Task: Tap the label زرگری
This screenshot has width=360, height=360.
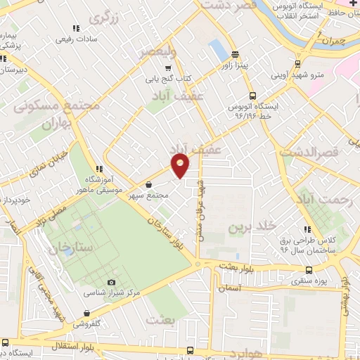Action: point(115,18)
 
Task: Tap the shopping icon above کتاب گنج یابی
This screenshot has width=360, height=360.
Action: point(167,68)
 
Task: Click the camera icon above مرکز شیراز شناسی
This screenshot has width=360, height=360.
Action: point(111,281)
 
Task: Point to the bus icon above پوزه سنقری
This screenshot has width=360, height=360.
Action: point(309,270)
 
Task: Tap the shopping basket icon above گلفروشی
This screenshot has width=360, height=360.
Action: point(86,314)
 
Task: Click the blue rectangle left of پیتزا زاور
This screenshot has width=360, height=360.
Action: point(219,49)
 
